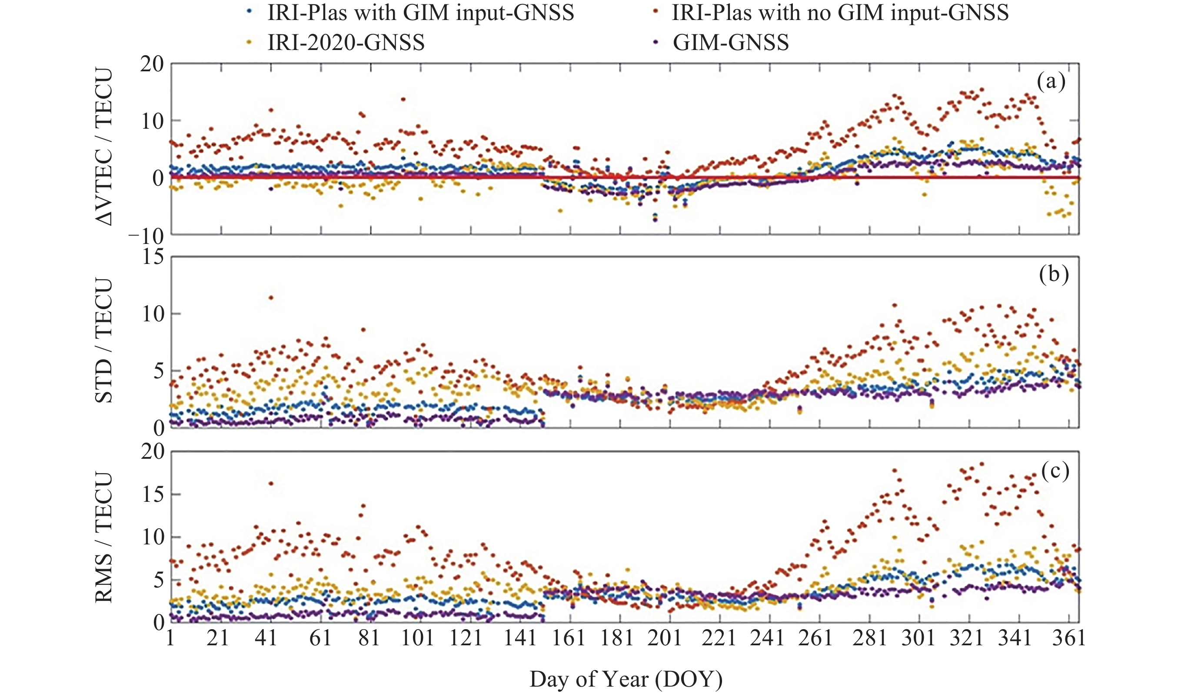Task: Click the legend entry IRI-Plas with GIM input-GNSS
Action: [420, 13]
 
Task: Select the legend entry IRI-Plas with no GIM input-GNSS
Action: [839, 13]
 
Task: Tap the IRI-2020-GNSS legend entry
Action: [346, 43]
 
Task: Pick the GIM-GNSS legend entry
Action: [730, 43]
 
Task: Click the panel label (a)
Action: [1051, 82]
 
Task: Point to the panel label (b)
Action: [1054, 275]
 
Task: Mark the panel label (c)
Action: [1055, 470]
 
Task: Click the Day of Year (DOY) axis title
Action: [626, 679]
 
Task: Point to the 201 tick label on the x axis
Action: [665, 638]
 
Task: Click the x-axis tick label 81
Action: [369, 638]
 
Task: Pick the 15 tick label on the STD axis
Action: [153, 257]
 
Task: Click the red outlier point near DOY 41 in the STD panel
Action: [271, 298]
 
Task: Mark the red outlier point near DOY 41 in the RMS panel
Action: [271, 483]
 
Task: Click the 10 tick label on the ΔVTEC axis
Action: [152, 121]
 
